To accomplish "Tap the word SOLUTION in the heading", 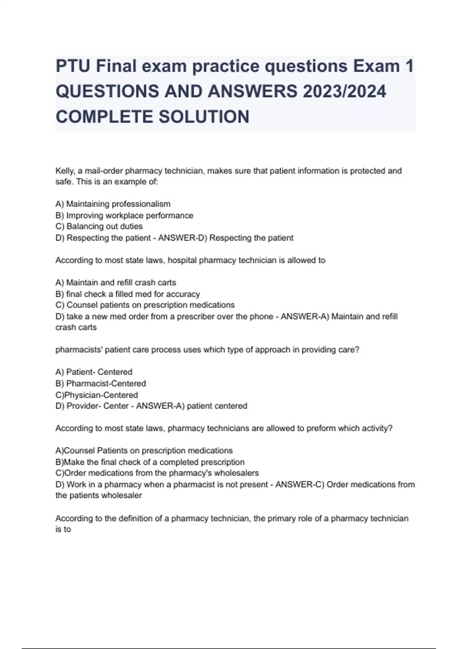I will pyautogui.click(x=204, y=117).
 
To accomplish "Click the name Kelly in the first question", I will pyautogui.click(x=65, y=171).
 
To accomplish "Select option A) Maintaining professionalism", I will pyautogui.click(x=113, y=204).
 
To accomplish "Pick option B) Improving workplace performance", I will pyautogui.click(x=124, y=216).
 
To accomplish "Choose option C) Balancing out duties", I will pyautogui.click(x=99, y=226).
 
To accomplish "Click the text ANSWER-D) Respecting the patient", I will pyautogui.click(x=226, y=238).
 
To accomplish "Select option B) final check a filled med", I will pyautogui.click(x=127, y=294).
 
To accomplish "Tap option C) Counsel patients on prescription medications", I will pyautogui.click(x=145, y=305).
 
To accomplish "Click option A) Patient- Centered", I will pyautogui.click(x=94, y=372).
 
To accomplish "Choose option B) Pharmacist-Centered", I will pyautogui.click(x=101, y=384).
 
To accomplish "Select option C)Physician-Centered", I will pyautogui.click(x=97, y=395).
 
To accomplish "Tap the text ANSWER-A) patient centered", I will pyautogui.click(x=192, y=406).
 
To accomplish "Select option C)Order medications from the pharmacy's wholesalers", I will pyautogui.click(x=157, y=473).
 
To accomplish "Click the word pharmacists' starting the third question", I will pyautogui.click(x=79, y=350).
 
